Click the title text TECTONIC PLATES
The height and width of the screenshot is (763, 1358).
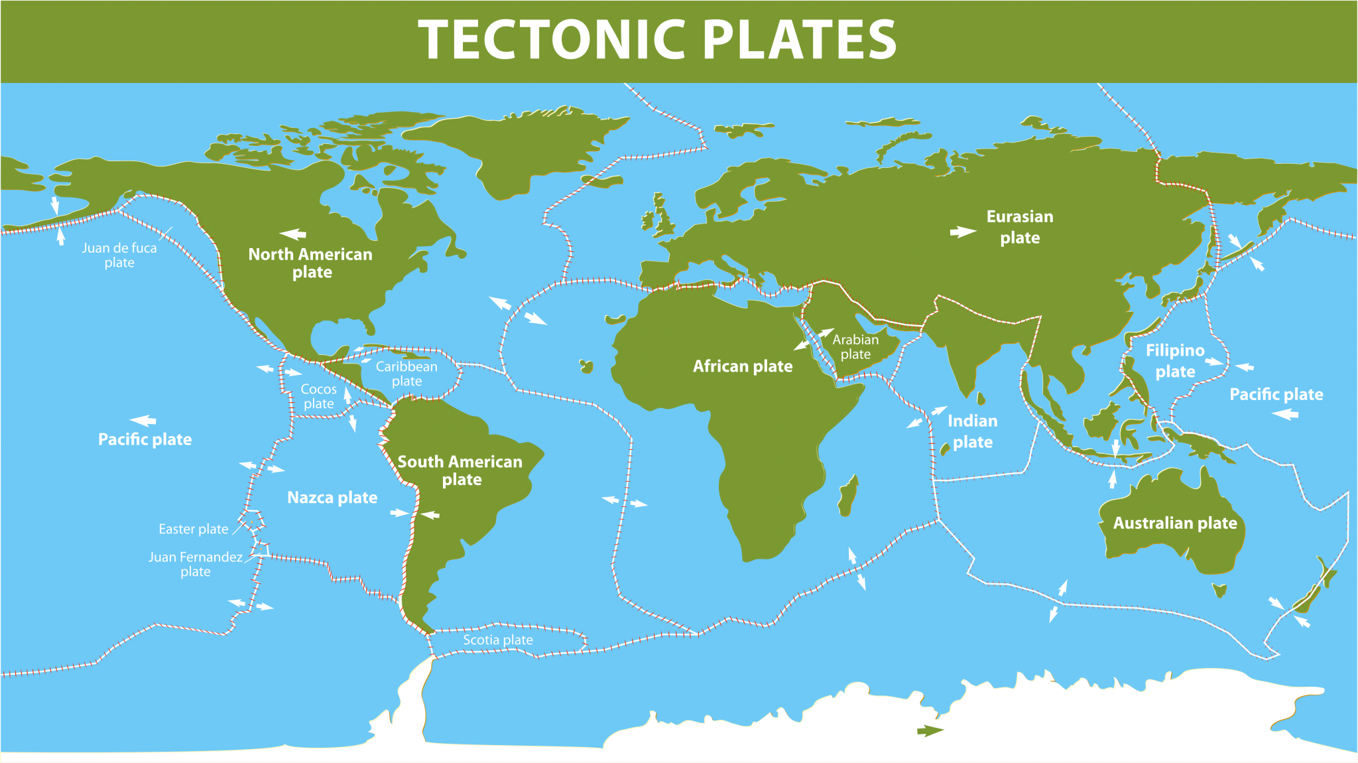(656, 40)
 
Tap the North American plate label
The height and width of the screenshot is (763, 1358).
(310, 263)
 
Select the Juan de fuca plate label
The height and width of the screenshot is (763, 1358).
(119, 255)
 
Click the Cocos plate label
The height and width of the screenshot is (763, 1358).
(319, 396)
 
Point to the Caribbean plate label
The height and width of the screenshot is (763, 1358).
(406, 374)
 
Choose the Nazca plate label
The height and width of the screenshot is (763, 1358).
(332, 498)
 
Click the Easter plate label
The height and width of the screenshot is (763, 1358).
(193, 529)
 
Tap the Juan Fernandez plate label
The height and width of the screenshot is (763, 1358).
(196, 564)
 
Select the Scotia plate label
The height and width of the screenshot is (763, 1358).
(498, 640)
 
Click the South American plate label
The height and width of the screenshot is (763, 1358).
(460, 470)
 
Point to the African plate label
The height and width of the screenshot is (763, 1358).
(743, 366)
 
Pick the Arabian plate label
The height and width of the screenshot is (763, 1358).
(855, 346)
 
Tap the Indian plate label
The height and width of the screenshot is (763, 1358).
(973, 431)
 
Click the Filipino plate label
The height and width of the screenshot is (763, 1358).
(1175, 360)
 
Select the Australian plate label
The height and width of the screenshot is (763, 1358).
(1175, 523)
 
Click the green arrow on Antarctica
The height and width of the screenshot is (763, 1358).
(930, 730)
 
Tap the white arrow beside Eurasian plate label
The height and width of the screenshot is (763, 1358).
(963, 232)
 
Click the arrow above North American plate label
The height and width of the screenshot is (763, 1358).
(293, 234)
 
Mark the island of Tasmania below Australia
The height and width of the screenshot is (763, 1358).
(1219, 589)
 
